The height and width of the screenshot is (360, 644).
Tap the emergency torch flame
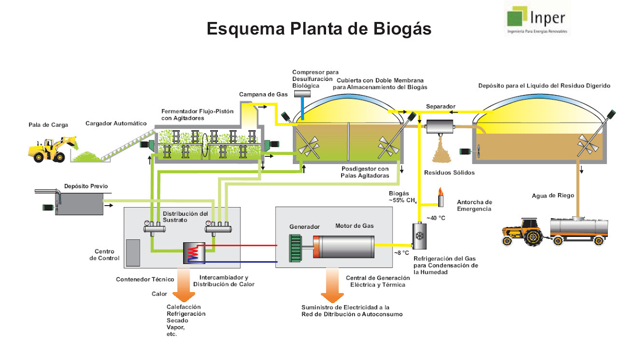(x=440, y=192)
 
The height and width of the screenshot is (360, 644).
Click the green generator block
(x=295, y=248)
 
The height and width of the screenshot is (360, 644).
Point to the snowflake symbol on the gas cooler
(x=420, y=236)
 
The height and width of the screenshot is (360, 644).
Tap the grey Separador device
(x=440, y=127)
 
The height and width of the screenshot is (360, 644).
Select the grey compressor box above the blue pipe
(x=302, y=94)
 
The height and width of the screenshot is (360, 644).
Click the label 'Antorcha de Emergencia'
(x=474, y=206)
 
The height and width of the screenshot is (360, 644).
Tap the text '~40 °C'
(x=436, y=218)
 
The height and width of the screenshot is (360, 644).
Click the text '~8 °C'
(x=401, y=253)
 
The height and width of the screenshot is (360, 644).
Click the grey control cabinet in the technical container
(x=133, y=253)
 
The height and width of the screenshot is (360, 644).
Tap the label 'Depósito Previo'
(x=86, y=186)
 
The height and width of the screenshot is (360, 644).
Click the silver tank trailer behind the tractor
(x=579, y=231)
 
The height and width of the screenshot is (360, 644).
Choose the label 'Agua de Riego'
(x=553, y=196)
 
